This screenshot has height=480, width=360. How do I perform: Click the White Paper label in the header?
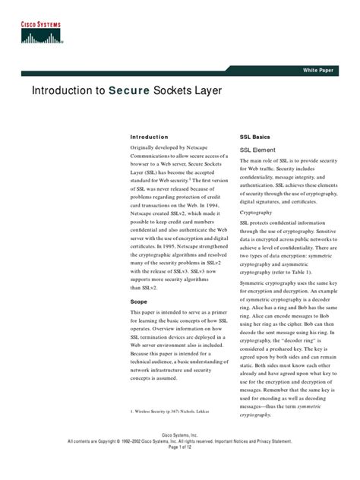tap(318, 69)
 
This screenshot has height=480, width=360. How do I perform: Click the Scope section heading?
tap(138, 302)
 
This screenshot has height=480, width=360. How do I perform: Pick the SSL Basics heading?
tap(254, 137)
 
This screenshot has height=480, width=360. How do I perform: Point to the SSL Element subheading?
tap(257, 150)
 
